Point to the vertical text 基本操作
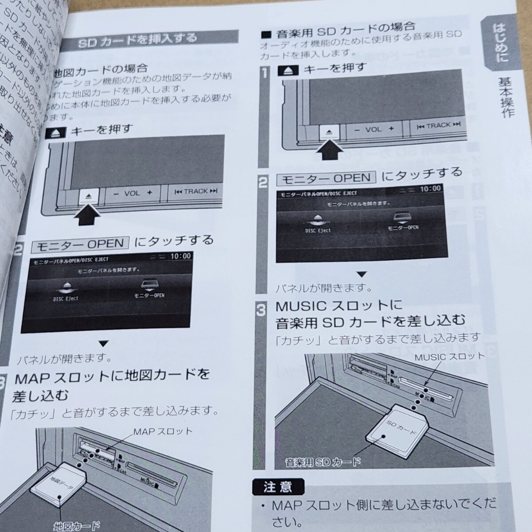(506, 98)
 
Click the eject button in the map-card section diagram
(88, 195)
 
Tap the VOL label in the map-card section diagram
(132, 193)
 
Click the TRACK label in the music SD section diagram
(438, 126)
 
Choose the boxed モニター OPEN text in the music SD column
(326, 178)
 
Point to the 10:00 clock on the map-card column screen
(180, 256)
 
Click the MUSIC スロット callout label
(450, 356)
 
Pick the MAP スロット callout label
(163, 431)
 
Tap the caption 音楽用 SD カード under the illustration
(323, 463)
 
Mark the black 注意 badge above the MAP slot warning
(278, 487)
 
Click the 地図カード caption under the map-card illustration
(76, 526)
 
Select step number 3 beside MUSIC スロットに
(262, 310)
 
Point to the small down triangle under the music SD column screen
(362, 274)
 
